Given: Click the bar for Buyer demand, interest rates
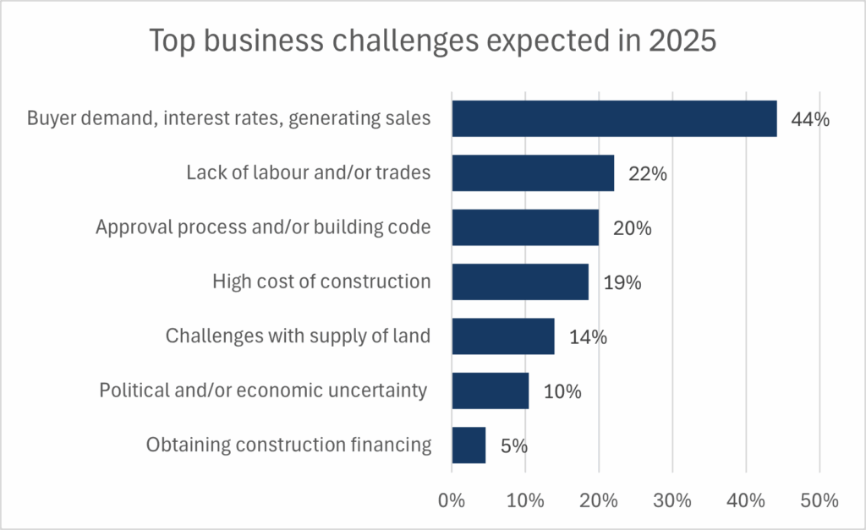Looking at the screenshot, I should tap(614, 118).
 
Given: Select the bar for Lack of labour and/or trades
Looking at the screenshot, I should tap(533, 172).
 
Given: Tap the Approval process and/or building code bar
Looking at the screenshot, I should tap(525, 227).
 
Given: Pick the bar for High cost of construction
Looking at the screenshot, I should tap(520, 281).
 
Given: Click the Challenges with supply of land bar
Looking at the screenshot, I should tap(503, 336).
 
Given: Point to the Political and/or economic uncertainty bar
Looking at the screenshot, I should tap(491, 391).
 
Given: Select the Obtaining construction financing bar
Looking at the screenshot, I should tap(469, 445).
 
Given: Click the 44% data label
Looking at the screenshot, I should tap(809, 119).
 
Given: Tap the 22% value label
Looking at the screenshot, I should tap(648, 174).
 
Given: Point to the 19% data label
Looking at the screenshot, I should tap(622, 282).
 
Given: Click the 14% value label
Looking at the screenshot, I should tap(588, 337).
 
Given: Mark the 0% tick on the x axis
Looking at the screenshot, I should tap(452, 500).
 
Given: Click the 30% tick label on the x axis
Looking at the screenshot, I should tap(672, 500).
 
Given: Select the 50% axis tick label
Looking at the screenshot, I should tap(819, 500).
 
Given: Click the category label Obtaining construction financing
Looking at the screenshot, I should tap(289, 445).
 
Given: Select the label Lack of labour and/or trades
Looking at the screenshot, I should tap(308, 172).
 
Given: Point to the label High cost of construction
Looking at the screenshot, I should tap(321, 281).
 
